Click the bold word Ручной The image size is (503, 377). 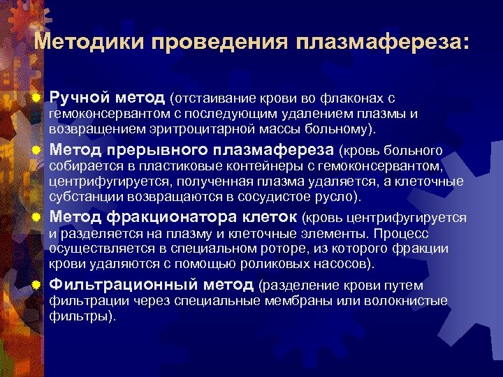pos(80,96)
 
